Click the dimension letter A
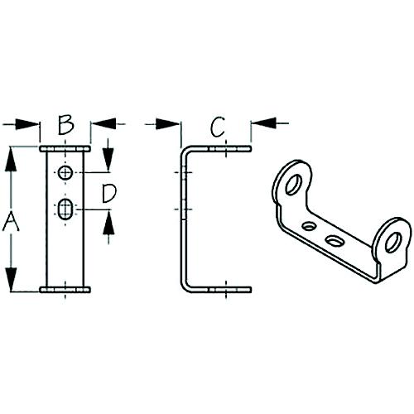(x=12, y=221)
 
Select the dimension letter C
(x=217, y=126)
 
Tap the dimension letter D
(x=108, y=194)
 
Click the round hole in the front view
(x=65, y=173)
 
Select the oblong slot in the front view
(x=65, y=210)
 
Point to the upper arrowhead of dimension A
(x=12, y=156)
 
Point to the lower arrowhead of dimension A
(x=12, y=280)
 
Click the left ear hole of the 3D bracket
(x=293, y=185)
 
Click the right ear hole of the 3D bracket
(x=393, y=242)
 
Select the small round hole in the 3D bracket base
(x=309, y=225)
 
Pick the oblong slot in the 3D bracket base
(x=335, y=241)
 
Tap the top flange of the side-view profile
(x=217, y=150)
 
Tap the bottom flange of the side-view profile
(x=217, y=289)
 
